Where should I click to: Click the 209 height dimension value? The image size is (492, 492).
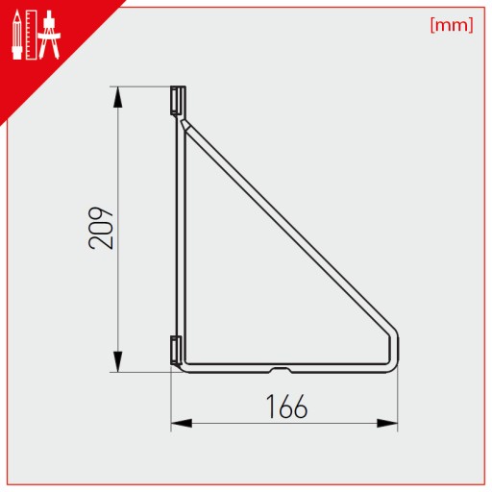pyautogui.click(x=101, y=228)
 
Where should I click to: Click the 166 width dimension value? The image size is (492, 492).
pyautogui.click(x=286, y=406)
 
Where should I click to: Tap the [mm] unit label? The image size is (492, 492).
pyautogui.click(x=452, y=25)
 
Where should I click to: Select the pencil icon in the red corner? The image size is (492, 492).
pyautogui.click(x=17, y=35)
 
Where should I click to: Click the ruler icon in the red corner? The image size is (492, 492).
pyautogui.click(x=32, y=35)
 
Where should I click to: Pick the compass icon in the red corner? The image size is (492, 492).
pyautogui.click(x=49, y=35)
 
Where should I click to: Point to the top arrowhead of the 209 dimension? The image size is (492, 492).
pyautogui.click(x=118, y=97)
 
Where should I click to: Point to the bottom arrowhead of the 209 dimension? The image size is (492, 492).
pyautogui.click(x=118, y=361)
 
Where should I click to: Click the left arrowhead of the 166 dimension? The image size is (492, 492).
pyautogui.click(x=182, y=423)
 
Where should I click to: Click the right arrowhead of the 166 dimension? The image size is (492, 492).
pyautogui.click(x=387, y=423)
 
